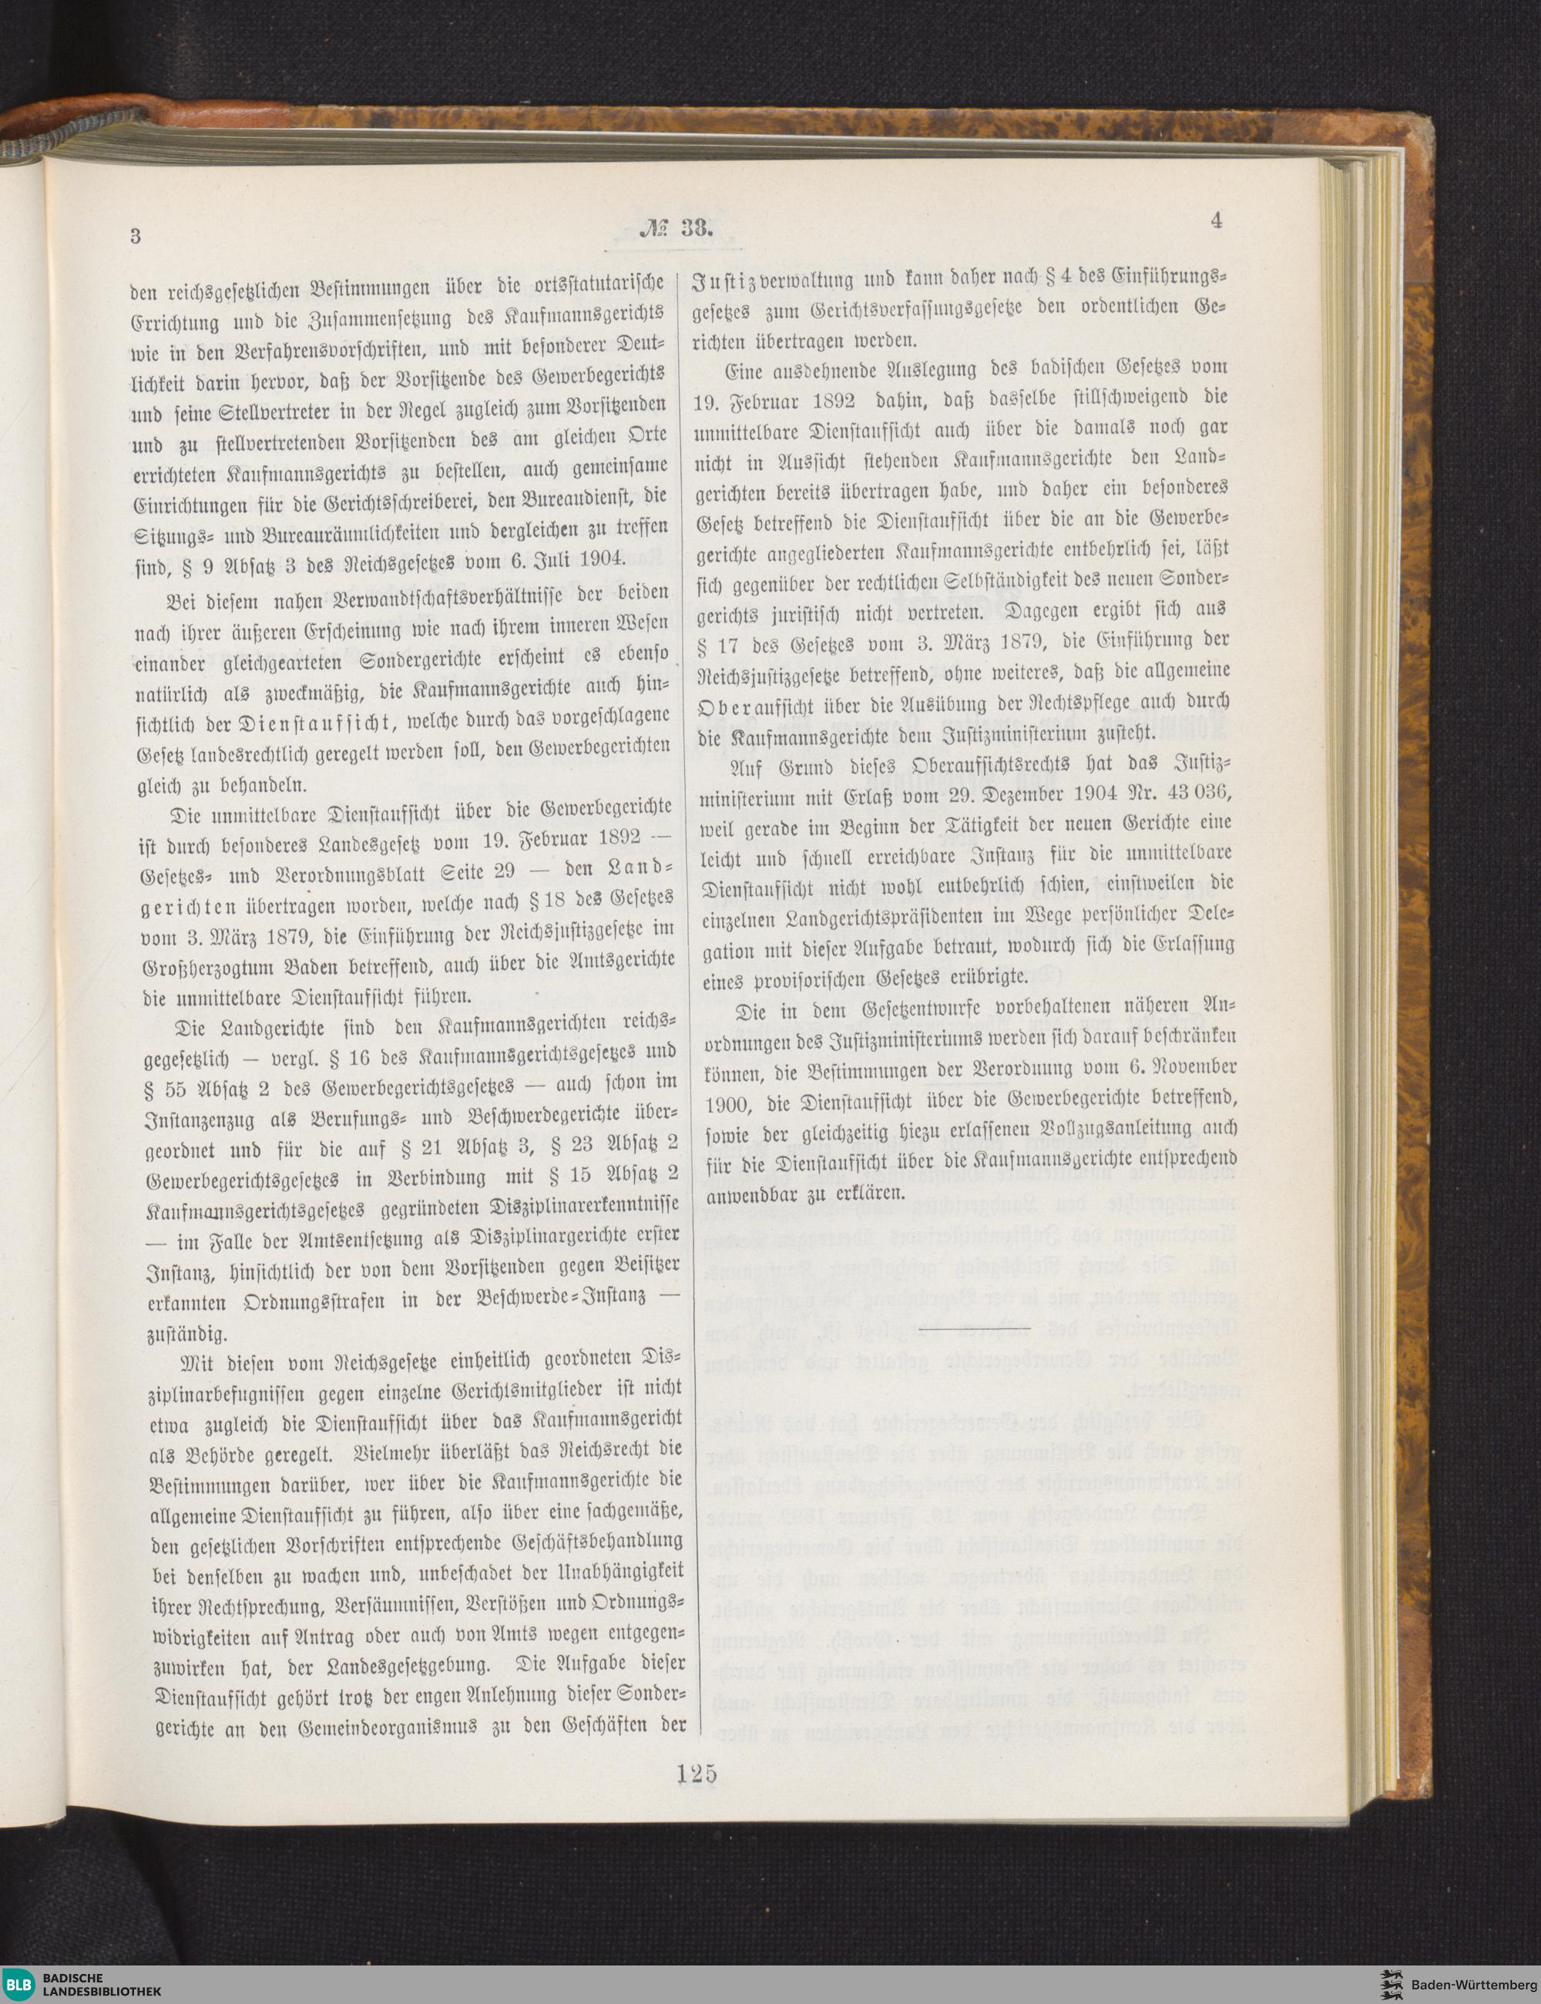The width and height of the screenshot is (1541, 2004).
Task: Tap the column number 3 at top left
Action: point(135,236)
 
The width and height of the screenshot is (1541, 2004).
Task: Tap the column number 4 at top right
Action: point(1217,221)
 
